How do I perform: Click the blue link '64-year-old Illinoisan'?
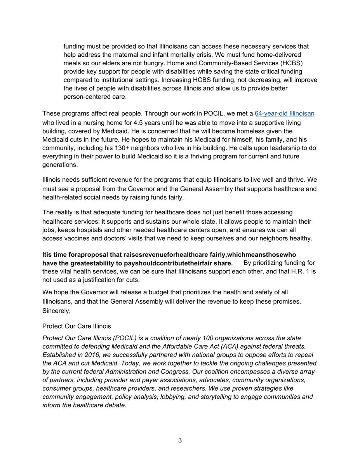tap(284, 113)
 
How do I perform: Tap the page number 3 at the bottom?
tap(180, 440)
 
